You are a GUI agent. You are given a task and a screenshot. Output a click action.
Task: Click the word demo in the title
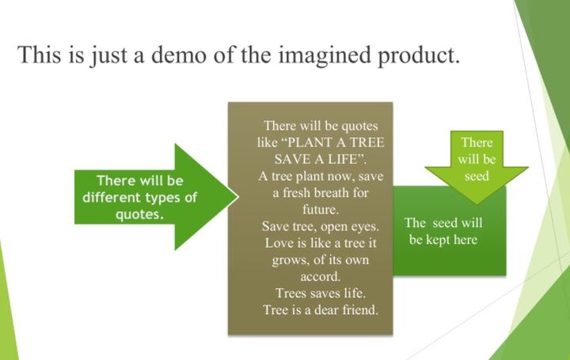(178, 55)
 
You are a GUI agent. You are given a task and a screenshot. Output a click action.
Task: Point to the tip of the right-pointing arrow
(238, 197)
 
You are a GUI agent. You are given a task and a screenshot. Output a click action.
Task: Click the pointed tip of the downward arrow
(477, 203)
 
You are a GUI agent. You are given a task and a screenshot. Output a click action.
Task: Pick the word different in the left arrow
(112, 197)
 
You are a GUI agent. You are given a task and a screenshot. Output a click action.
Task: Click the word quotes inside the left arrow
(139, 214)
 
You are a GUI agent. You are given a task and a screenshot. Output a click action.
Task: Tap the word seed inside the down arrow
(477, 176)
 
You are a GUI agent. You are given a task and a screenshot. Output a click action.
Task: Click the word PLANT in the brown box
(309, 142)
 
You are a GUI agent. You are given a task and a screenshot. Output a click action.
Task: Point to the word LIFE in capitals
(343, 159)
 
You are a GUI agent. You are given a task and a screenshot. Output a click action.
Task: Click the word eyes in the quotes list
(364, 226)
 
